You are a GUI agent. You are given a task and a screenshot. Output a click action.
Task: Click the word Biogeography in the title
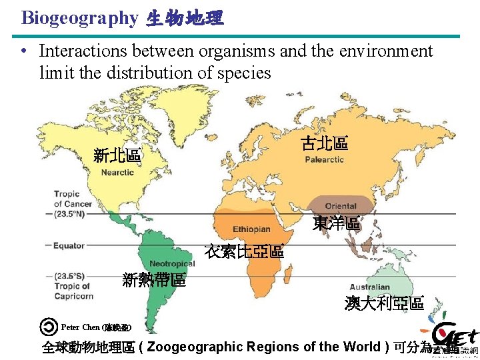click(x=79, y=18)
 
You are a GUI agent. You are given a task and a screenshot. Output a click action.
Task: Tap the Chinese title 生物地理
click(x=185, y=19)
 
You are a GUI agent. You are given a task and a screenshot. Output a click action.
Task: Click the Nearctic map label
click(x=117, y=173)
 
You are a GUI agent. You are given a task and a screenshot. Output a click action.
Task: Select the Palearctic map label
click(x=325, y=159)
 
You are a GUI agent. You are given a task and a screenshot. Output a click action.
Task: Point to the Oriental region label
click(x=341, y=206)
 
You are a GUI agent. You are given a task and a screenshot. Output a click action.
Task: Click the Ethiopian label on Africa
click(x=251, y=229)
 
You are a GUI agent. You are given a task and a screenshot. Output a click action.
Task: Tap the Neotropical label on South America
click(x=172, y=263)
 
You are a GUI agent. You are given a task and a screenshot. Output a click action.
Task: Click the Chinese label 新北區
click(x=117, y=156)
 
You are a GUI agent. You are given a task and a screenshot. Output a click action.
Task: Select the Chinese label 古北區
click(x=324, y=143)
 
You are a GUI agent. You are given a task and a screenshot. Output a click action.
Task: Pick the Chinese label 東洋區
click(x=336, y=224)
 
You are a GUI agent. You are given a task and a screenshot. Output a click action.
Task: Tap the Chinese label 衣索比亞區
click(x=244, y=252)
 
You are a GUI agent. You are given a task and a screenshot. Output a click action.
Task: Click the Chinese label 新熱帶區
click(x=154, y=280)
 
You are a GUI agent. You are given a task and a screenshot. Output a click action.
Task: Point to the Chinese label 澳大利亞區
click(x=384, y=303)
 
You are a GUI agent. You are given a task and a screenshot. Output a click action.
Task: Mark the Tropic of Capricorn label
click(x=73, y=286)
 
